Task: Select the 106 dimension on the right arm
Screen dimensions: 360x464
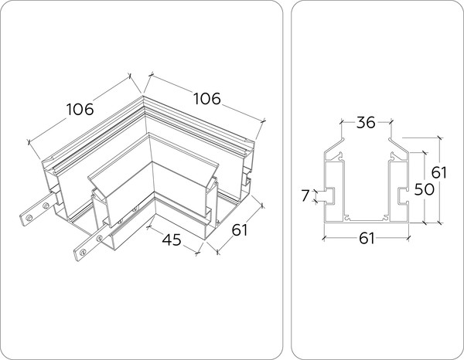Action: click(206, 99)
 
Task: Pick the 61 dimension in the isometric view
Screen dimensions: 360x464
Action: click(239, 229)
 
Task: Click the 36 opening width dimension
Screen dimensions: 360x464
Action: click(367, 123)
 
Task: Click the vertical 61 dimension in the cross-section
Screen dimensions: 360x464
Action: click(438, 173)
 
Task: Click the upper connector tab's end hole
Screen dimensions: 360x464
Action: click(29, 218)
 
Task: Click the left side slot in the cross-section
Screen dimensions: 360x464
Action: click(329, 193)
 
